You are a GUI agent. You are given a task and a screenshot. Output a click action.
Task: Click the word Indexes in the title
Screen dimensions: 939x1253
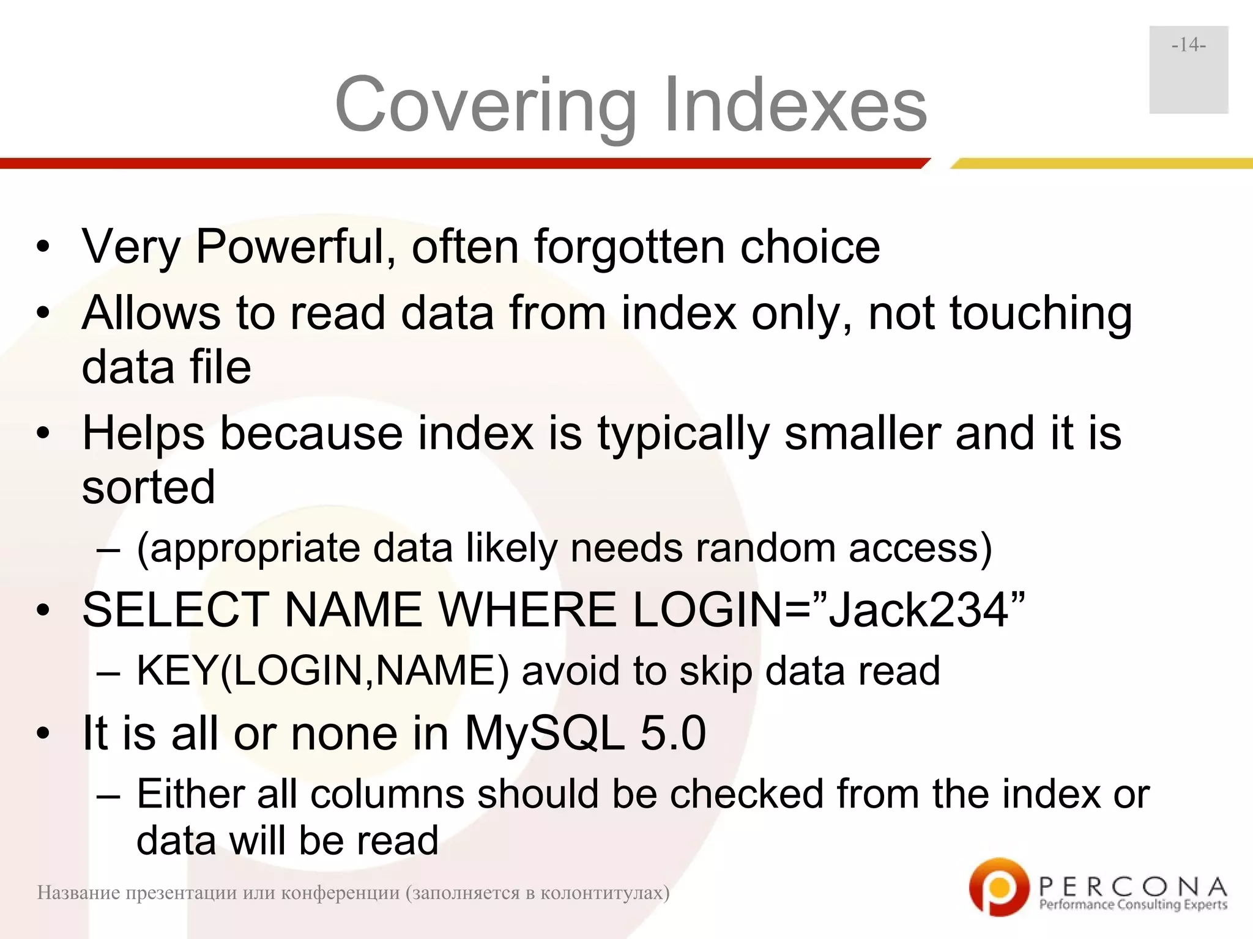[x=795, y=105]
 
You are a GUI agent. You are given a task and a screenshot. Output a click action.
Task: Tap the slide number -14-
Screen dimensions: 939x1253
[x=1188, y=45]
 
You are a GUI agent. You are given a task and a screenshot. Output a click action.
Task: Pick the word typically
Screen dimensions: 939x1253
[x=683, y=433]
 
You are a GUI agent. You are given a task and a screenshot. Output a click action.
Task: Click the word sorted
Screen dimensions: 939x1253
[x=149, y=487]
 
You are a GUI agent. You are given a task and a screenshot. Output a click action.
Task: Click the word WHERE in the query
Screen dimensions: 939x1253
[x=527, y=610]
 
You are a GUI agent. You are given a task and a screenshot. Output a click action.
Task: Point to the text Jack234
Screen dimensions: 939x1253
[x=918, y=610]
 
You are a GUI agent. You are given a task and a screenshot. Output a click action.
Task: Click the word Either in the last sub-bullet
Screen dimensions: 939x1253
[x=190, y=794]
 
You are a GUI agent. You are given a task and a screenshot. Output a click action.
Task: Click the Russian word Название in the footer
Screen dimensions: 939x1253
[x=78, y=893]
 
